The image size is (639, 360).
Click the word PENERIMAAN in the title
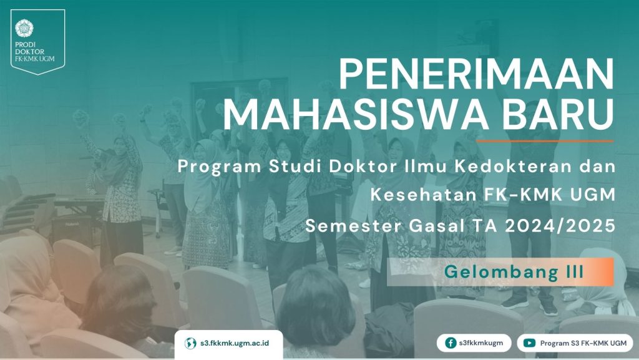(x=476, y=74)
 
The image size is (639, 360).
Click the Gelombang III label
(x=514, y=271)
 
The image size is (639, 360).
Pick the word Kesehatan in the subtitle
(x=424, y=195)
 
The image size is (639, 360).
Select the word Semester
(x=354, y=226)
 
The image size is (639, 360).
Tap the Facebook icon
(x=451, y=343)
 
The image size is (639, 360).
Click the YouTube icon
(x=529, y=343)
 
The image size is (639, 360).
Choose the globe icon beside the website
(x=190, y=343)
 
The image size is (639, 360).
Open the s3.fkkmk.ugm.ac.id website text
(x=235, y=343)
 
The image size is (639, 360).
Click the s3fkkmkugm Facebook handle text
(x=481, y=343)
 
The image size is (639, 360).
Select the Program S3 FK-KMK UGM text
(x=583, y=343)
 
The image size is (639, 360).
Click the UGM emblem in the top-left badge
(x=24, y=28)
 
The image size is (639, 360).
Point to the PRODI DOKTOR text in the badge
(x=30, y=48)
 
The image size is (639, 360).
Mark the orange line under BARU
(x=545, y=141)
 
